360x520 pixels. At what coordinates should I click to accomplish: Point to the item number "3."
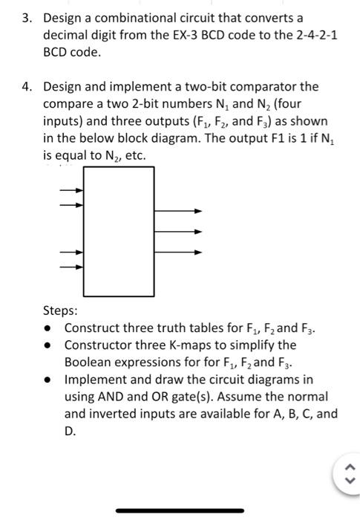click(x=26, y=16)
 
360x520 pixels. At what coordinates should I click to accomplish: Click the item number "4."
click(x=26, y=87)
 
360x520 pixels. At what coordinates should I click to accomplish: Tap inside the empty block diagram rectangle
click(x=119, y=231)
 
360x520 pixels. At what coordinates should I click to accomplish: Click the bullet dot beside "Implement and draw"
click(x=48, y=380)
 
